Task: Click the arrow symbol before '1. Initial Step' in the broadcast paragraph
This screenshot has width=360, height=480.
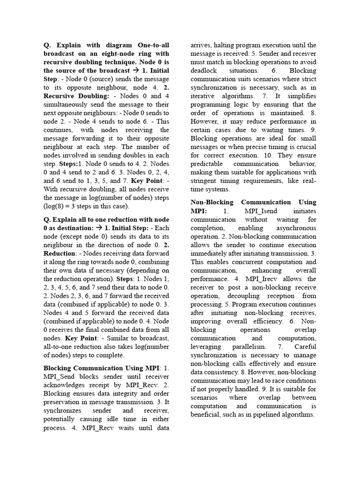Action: pyautogui.click(x=135, y=71)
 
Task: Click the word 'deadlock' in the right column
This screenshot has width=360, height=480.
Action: pyautogui.click(x=205, y=71)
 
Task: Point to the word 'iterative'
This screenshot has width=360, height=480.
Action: pyautogui.click(x=204, y=96)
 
